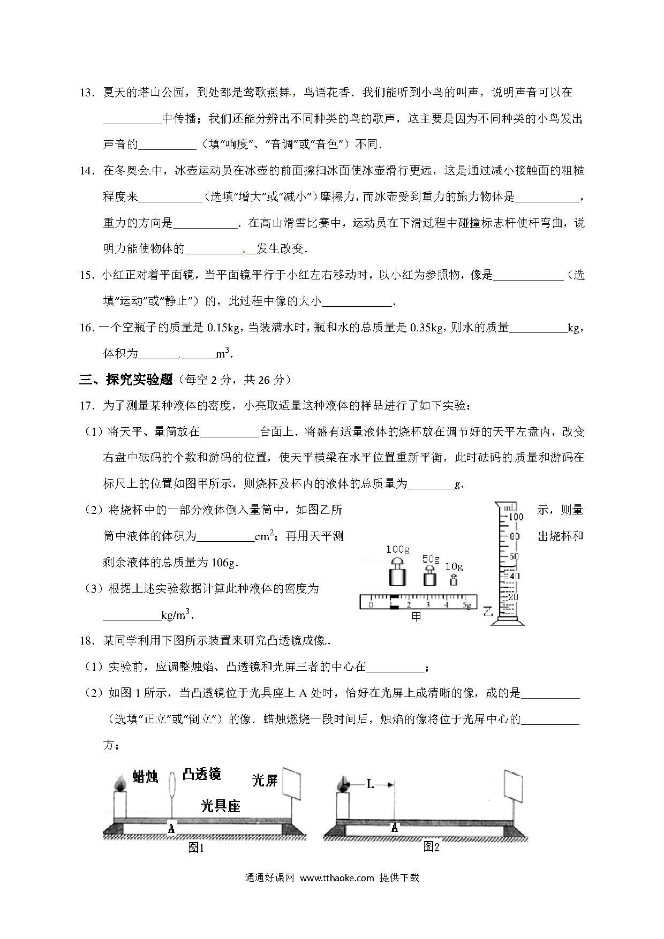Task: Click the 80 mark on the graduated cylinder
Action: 514,536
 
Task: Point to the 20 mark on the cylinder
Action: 513,597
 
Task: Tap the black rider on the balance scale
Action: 394,601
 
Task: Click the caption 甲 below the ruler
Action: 416,616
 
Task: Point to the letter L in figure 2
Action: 370,784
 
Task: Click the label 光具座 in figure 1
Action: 220,806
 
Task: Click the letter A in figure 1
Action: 171,828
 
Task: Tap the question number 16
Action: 86,328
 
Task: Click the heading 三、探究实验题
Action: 126,380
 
